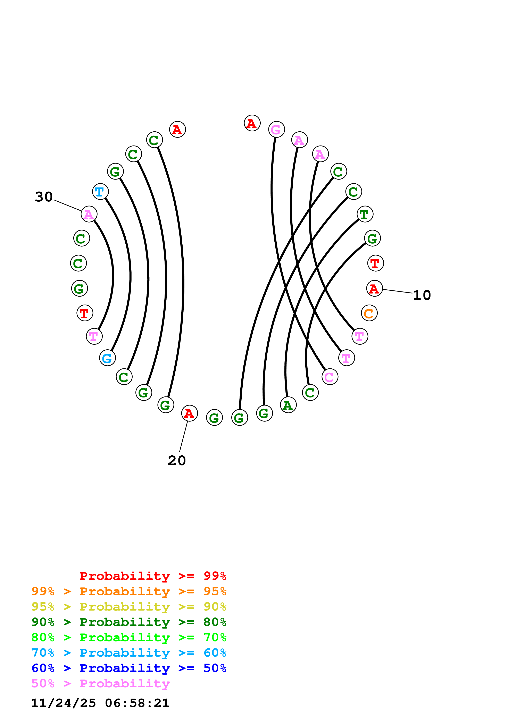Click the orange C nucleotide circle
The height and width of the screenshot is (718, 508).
tap(369, 313)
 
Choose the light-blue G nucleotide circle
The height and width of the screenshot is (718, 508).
tap(107, 358)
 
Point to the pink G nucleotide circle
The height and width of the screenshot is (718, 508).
tap(276, 129)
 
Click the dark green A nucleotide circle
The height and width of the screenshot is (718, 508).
tap(288, 405)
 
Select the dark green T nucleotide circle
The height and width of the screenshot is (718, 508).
tap(365, 214)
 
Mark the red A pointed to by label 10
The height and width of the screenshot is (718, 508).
tap(374, 288)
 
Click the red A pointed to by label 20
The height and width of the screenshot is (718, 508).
tap(189, 413)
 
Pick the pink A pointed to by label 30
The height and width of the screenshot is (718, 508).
tap(89, 214)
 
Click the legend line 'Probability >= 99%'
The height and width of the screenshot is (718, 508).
tap(153, 576)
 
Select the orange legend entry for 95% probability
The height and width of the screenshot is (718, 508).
tap(129, 591)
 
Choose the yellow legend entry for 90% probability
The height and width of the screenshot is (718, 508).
tap(129, 606)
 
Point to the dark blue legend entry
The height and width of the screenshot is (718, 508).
tap(129, 668)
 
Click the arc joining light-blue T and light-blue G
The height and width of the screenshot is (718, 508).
tap(130, 275)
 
